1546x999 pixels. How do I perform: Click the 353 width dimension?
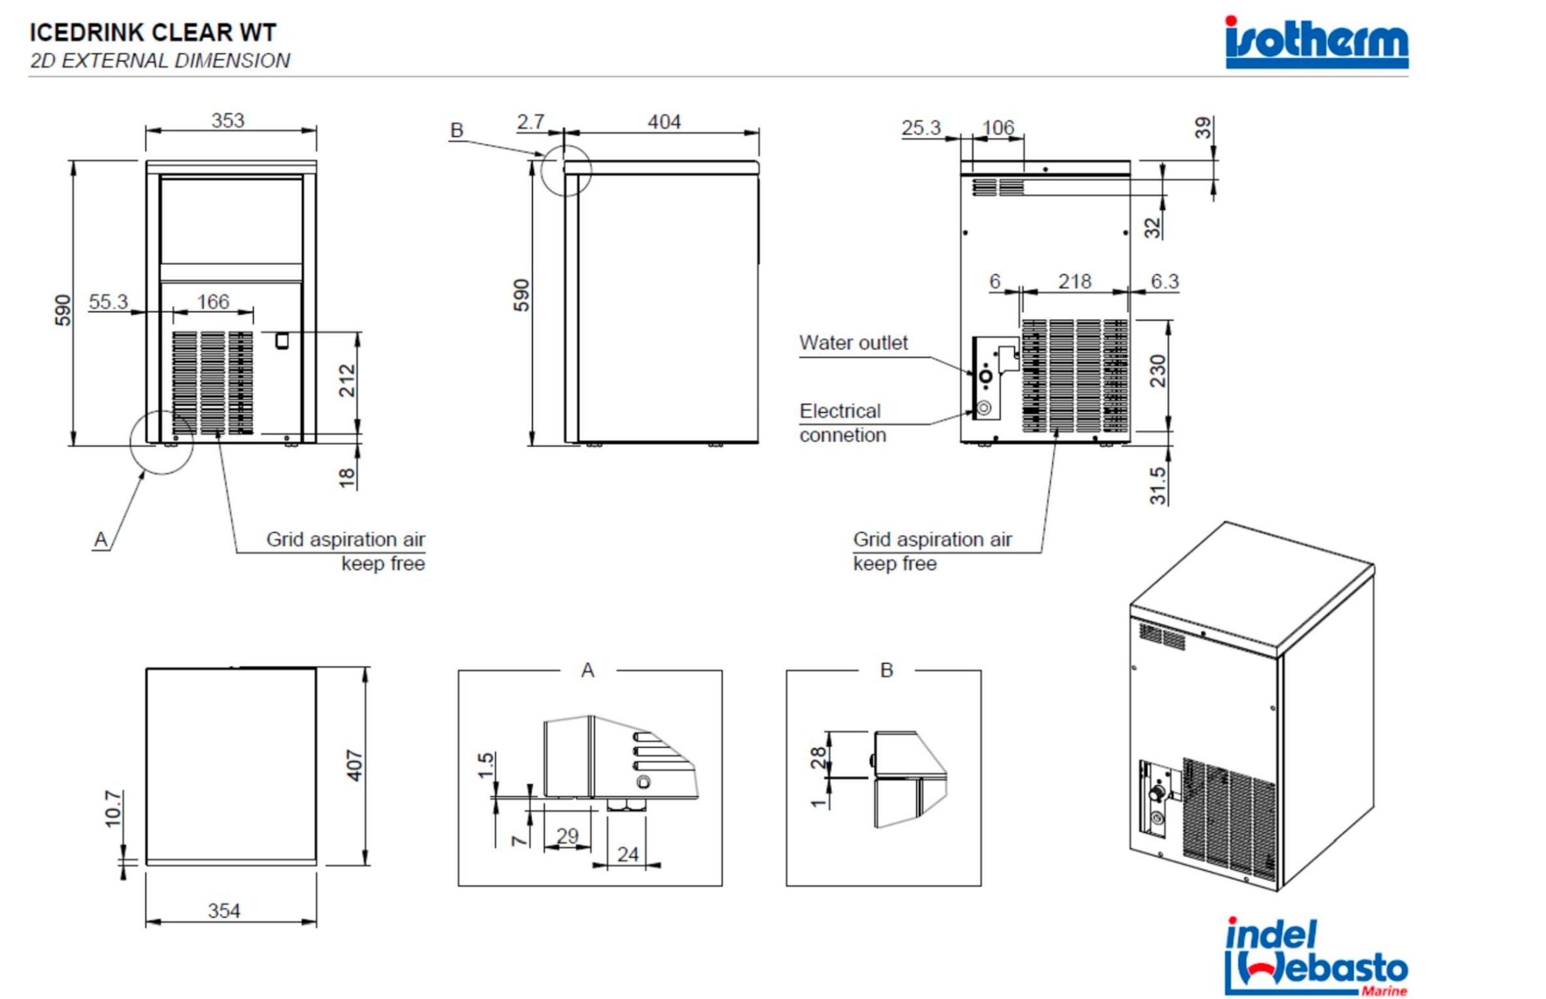[228, 121]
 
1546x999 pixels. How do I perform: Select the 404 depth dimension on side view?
[664, 122]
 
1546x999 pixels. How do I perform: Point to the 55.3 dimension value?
[108, 301]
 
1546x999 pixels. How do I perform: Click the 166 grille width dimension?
[213, 301]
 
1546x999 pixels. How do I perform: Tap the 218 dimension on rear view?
[1075, 281]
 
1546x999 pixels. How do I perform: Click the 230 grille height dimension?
[1157, 371]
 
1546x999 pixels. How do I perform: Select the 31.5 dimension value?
[1157, 485]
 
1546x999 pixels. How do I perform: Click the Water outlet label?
[853, 343]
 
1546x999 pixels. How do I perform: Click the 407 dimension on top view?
[354, 765]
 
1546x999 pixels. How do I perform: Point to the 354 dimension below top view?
[224, 911]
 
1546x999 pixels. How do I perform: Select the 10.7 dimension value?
[113, 809]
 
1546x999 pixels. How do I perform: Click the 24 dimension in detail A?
[628, 854]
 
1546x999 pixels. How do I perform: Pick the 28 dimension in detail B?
[819, 758]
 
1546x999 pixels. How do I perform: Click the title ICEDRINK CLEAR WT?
[152, 33]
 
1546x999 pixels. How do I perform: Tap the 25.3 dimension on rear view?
[920, 128]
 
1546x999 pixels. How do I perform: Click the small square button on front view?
[281, 340]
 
